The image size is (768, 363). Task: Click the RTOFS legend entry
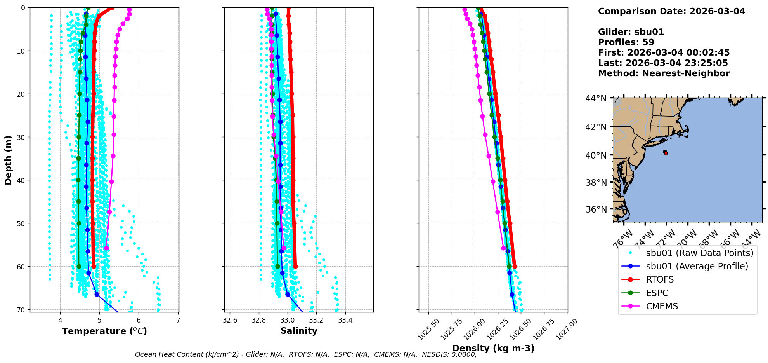(x=660, y=280)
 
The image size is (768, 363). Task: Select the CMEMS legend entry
(x=662, y=306)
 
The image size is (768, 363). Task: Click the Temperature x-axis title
(x=104, y=331)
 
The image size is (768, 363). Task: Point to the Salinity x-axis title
(x=299, y=331)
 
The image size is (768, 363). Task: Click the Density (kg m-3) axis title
(x=493, y=348)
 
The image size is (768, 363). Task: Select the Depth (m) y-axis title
(x=9, y=160)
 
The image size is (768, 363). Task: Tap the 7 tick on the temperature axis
(x=178, y=320)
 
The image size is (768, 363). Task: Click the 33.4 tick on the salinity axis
(x=345, y=320)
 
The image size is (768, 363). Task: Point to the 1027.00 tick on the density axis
(x=567, y=330)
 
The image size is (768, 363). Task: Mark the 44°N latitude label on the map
(x=596, y=99)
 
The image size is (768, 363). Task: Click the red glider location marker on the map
(x=666, y=153)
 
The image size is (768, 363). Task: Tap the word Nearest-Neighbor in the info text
(x=686, y=73)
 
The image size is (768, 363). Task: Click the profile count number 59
(x=648, y=42)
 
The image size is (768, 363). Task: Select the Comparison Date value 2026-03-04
(x=717, y=11)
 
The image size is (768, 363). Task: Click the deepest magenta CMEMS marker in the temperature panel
(x=106, y=248)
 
